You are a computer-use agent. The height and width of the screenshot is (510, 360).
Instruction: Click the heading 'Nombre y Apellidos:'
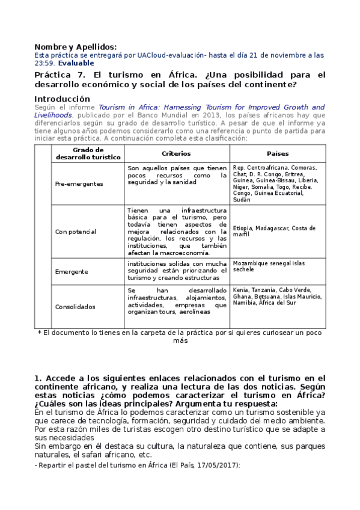(x=75, y=47)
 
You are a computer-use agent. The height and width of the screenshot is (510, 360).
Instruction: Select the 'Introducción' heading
(x=62, y=99)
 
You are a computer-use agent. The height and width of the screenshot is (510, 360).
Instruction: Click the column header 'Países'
(x=278, y=153)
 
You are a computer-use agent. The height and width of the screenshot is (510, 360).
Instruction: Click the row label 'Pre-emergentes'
(x=79, y=183)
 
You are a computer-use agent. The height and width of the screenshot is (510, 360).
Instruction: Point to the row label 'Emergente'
(x=71, y=271)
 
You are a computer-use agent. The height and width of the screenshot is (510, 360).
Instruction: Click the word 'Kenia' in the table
(x=241, y=290)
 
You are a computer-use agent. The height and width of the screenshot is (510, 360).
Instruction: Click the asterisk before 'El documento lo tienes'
(x=40, y=333)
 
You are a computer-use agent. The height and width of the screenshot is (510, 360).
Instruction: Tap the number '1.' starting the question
(x=38, y=378)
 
